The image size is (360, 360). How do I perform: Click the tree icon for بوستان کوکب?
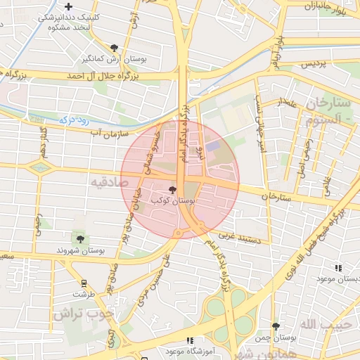(x=173, y=190)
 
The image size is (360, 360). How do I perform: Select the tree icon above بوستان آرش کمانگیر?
(x=114, y=48)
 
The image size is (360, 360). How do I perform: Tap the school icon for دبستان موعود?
(x=338, y=268)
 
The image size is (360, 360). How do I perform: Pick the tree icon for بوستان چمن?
(x=276, y=326)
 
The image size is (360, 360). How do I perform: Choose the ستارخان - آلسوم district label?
(x=328, y=111)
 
